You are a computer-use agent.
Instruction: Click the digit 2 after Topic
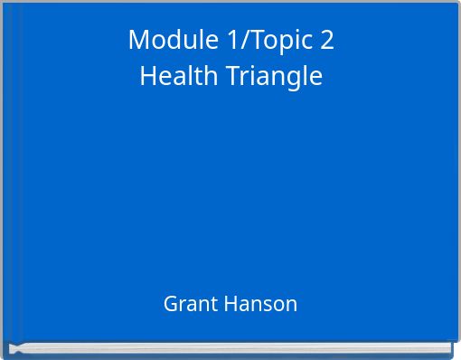(x=326, y=40)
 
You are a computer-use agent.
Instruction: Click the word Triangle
(x=269, y=77)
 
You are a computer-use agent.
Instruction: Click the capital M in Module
(x=138, y=40)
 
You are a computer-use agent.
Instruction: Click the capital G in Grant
(x=171, y=304)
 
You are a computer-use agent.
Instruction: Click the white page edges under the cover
(x=230, y=346)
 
